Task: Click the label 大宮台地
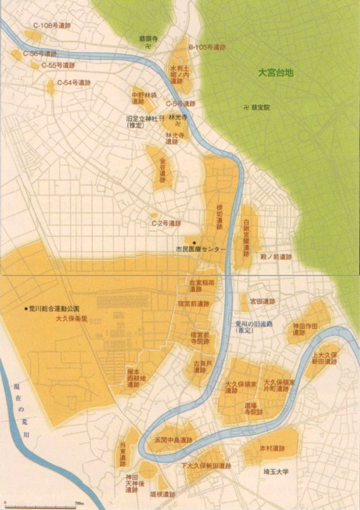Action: coord(275,73)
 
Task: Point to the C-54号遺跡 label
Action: coord(74,83)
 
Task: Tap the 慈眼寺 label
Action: coord(147,38)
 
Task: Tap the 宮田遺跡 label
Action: coord(262,301)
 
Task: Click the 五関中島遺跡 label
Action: coord(173,441)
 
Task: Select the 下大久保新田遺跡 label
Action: coord(205,466)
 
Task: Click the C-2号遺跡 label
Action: coord(166,224)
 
